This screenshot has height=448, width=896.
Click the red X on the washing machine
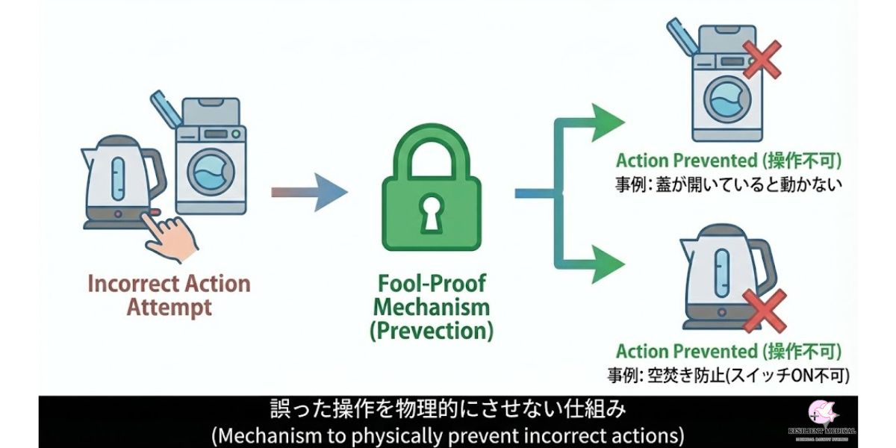(761, 59)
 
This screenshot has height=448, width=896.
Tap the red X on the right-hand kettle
(763, 310)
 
